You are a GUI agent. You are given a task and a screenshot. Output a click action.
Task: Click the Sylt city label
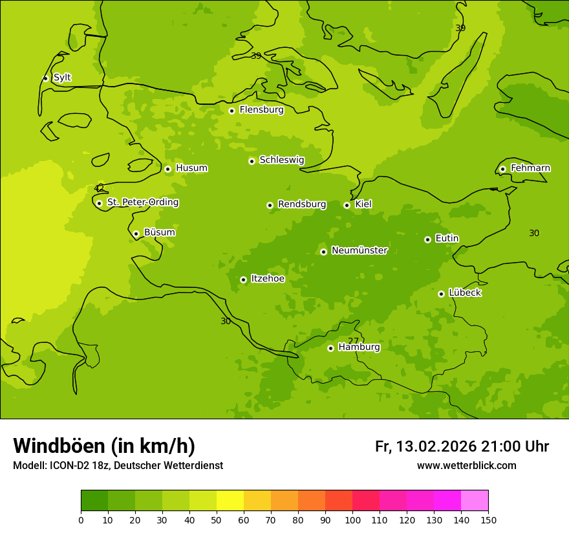coord(62,78)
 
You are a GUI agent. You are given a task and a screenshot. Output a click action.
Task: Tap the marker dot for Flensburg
coord(231,111)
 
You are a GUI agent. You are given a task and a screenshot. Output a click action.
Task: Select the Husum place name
coord(191,168)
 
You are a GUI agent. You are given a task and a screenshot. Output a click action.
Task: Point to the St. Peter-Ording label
coord(142,203)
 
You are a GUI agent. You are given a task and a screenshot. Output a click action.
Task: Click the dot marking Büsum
coord(136,234)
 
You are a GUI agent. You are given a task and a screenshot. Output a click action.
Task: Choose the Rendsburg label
coord(302,204)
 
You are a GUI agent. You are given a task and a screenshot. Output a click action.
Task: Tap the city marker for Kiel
coord(347,205)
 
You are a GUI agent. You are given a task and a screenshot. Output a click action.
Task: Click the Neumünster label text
coord(360,250)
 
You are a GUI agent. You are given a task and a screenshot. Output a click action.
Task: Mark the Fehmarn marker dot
coord(502,169)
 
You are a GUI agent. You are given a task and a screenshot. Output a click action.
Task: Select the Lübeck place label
coord(464,292)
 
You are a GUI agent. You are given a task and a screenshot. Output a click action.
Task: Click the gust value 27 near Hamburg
coord(353,341)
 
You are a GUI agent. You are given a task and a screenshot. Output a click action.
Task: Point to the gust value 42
coord(99,188)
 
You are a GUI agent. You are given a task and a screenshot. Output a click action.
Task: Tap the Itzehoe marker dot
coord(243,279)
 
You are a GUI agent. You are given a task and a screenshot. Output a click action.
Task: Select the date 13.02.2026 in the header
coord(436,446)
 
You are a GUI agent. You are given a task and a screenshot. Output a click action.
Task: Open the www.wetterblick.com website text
coord(466,466)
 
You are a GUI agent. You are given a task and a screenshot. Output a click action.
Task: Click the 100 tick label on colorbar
coord(352,520)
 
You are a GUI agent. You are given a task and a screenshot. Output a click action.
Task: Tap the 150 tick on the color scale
coord(488,520)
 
